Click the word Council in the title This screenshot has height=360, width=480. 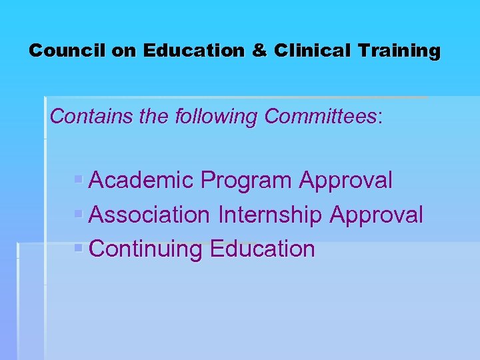pos(67,51)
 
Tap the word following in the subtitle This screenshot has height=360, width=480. pos(216,117)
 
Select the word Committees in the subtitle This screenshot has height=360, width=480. pos(320,117)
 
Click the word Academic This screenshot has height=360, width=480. pos(141,180)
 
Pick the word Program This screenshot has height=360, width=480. pos(246,181)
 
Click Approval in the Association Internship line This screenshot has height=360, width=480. pos(377,215)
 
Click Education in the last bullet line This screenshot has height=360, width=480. pos(262,249)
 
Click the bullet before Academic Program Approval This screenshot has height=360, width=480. pos(79,180)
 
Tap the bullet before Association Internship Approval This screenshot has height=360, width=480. pos(79,215)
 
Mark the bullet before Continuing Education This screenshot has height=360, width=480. pos(79,249)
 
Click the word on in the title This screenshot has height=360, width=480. pos(124,51)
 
